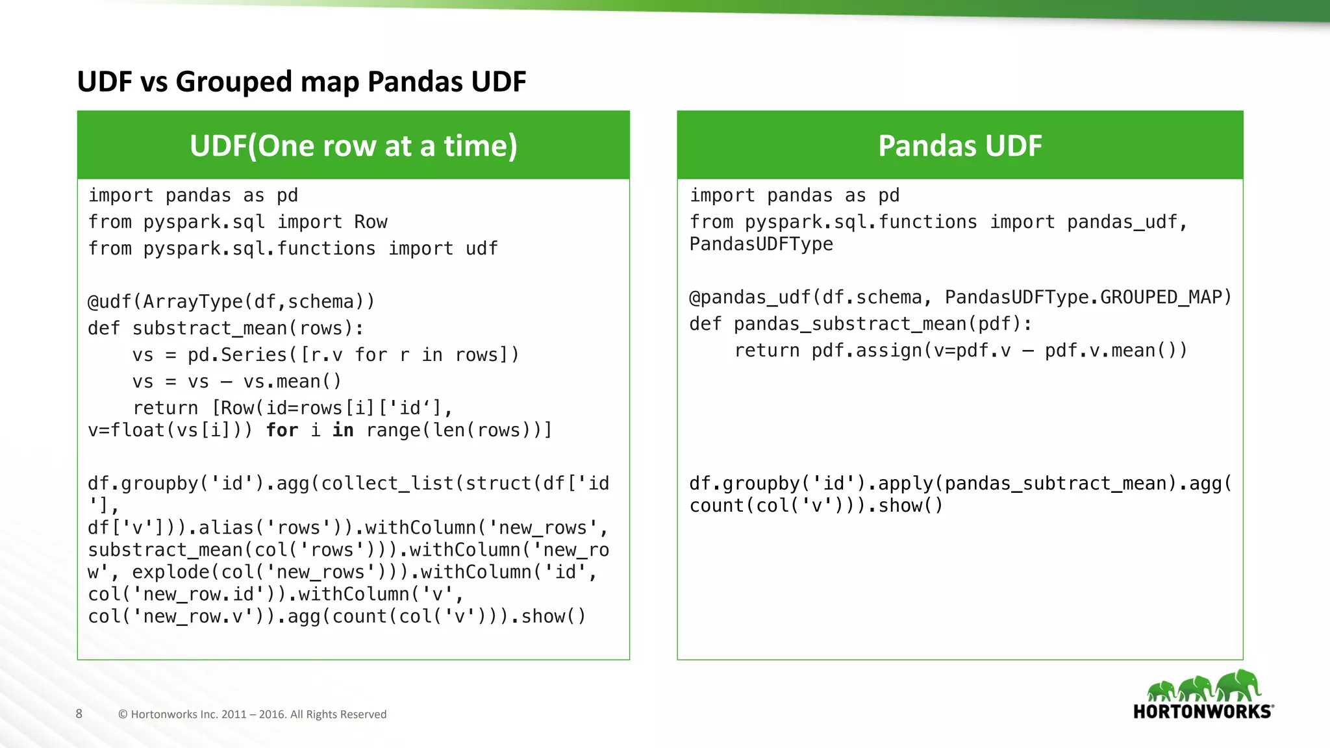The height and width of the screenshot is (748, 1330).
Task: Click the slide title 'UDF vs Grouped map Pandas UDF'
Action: point(301,82)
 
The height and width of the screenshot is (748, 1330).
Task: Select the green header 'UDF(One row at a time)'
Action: point(353,145)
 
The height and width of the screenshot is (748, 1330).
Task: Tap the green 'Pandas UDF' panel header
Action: point(960,145)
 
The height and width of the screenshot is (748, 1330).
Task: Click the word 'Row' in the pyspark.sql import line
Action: point(371,222)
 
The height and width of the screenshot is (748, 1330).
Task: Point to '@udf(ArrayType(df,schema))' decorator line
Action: point(231,302)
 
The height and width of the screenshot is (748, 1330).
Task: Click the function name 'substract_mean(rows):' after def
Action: point(248,329)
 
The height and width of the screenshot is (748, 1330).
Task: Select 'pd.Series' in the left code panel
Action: point(237,355)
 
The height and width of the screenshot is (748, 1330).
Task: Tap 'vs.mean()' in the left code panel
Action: point(292,382)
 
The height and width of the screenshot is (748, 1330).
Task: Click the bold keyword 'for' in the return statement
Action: point(282,430)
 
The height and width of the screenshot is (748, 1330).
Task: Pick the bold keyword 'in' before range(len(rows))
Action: point(343,430)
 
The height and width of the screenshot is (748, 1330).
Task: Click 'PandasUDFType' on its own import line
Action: point(761,244)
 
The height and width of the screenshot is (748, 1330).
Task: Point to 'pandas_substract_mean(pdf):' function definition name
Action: point(883,324)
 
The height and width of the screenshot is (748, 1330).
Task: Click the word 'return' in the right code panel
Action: point(767,351)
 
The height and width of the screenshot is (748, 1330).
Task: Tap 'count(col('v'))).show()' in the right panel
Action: point(816,506)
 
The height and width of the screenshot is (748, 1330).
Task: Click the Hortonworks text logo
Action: point(1203,712)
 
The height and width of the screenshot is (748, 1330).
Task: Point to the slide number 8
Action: point(79,714)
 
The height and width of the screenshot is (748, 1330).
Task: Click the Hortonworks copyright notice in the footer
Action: point(252,714)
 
